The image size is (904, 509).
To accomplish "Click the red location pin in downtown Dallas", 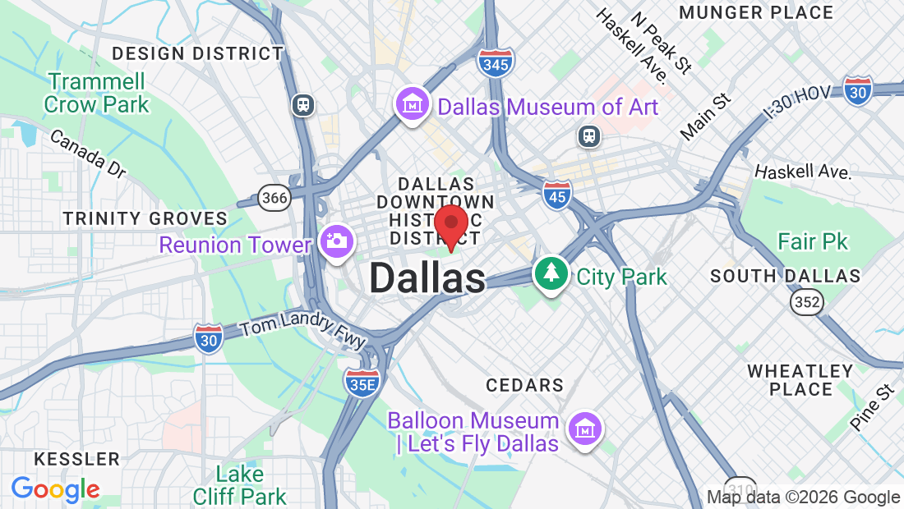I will (450, 223).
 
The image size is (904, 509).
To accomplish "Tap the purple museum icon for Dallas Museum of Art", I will (413, 103).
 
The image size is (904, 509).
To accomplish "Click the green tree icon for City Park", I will (551, 273).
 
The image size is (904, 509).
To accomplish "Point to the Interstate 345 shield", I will (496, 62).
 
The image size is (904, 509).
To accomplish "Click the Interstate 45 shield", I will (556, 195).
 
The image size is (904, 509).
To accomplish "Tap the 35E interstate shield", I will (362, 382).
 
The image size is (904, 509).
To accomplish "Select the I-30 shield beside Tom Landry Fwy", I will (209, 338).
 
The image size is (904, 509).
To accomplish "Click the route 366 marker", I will (273, 197).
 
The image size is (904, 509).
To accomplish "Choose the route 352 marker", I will (807, 303).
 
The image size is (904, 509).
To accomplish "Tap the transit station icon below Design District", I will (303, 104).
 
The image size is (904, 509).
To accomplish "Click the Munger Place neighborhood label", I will (757, 12).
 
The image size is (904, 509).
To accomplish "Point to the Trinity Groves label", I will (145, 218).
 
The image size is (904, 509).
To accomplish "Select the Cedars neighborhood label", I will (524, 385).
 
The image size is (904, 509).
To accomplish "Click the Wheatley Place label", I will (800, 380).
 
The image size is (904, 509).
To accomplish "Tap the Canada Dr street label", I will (87, 153).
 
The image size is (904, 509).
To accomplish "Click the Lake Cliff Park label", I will (239, 485).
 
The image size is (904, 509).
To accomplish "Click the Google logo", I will (55, 490).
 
